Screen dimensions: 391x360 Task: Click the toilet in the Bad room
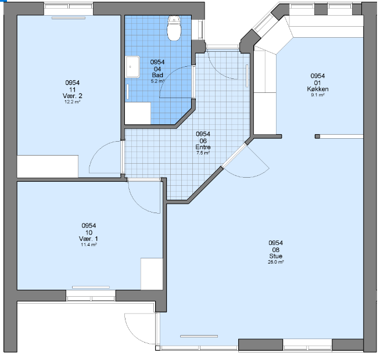pyautogui.click(x=174, y=28)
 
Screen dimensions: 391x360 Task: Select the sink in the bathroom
pyautogui.click(x=132, y=67)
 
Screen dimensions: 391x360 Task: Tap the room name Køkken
pyautogui.click(x=317, y=89)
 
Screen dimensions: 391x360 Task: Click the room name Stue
pyautogui.click(x=275, y=256)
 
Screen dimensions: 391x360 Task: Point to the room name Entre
pyautogui.click(x=203, y=147)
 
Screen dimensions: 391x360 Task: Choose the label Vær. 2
pyautogui.click(x=72, y=96)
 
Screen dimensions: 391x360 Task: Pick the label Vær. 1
pyautogui.click(x=88, y=239)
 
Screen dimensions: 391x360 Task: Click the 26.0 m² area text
pyautogui.click(x=276, y=262)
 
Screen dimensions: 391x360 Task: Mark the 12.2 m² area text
pyautogui.click(x=72, y=102)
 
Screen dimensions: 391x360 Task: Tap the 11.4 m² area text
pyautogui.click(x=88, y=244)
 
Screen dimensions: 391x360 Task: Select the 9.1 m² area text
pyautogui.click(x=317, y=95)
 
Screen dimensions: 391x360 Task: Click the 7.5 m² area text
pyautogui.click(x=203, y=153)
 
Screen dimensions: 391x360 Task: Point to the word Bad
pyautogui.click(x=157, y=75)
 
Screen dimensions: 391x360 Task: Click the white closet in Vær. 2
pyautogui.click(x=48, y=167)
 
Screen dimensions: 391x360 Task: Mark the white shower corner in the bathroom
pyautogui.click(x=138, y=113)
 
